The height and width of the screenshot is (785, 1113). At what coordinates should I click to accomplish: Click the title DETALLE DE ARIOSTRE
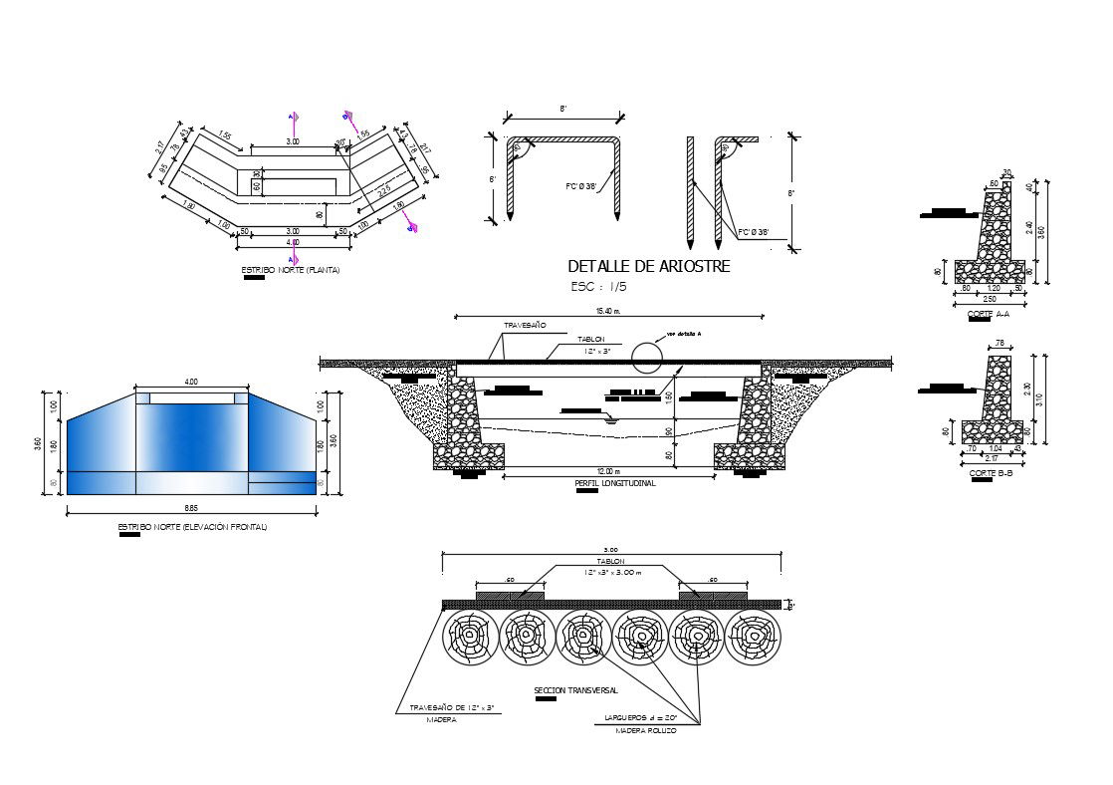click(648, 266)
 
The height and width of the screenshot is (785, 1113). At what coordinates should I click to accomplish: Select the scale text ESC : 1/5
click(598, 287)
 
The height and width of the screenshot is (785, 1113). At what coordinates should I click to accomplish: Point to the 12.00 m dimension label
click(609, 471)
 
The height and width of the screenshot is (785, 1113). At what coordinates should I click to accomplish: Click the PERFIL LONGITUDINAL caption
click(615, 483)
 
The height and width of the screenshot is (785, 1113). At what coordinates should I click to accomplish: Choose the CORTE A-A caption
click(988, 314)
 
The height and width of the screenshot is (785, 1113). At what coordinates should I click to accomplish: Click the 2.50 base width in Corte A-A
click(989, 299)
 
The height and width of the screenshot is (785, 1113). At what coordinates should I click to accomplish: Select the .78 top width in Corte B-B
click(999, 345)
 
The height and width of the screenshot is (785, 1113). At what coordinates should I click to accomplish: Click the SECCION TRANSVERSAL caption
click(575, 689)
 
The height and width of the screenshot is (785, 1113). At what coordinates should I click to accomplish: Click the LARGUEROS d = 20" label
click(640, 717)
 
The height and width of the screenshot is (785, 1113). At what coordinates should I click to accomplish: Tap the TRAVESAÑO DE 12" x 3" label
click(452, 707)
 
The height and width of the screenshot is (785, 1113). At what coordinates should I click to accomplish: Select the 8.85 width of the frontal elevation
click(191, 507)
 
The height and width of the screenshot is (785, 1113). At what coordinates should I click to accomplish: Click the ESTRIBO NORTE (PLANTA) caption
click(290, 270)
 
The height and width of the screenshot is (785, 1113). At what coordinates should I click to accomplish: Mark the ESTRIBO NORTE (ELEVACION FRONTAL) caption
click(192, 526)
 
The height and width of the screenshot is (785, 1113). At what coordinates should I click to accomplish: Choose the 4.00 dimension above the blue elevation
click(191, 381)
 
